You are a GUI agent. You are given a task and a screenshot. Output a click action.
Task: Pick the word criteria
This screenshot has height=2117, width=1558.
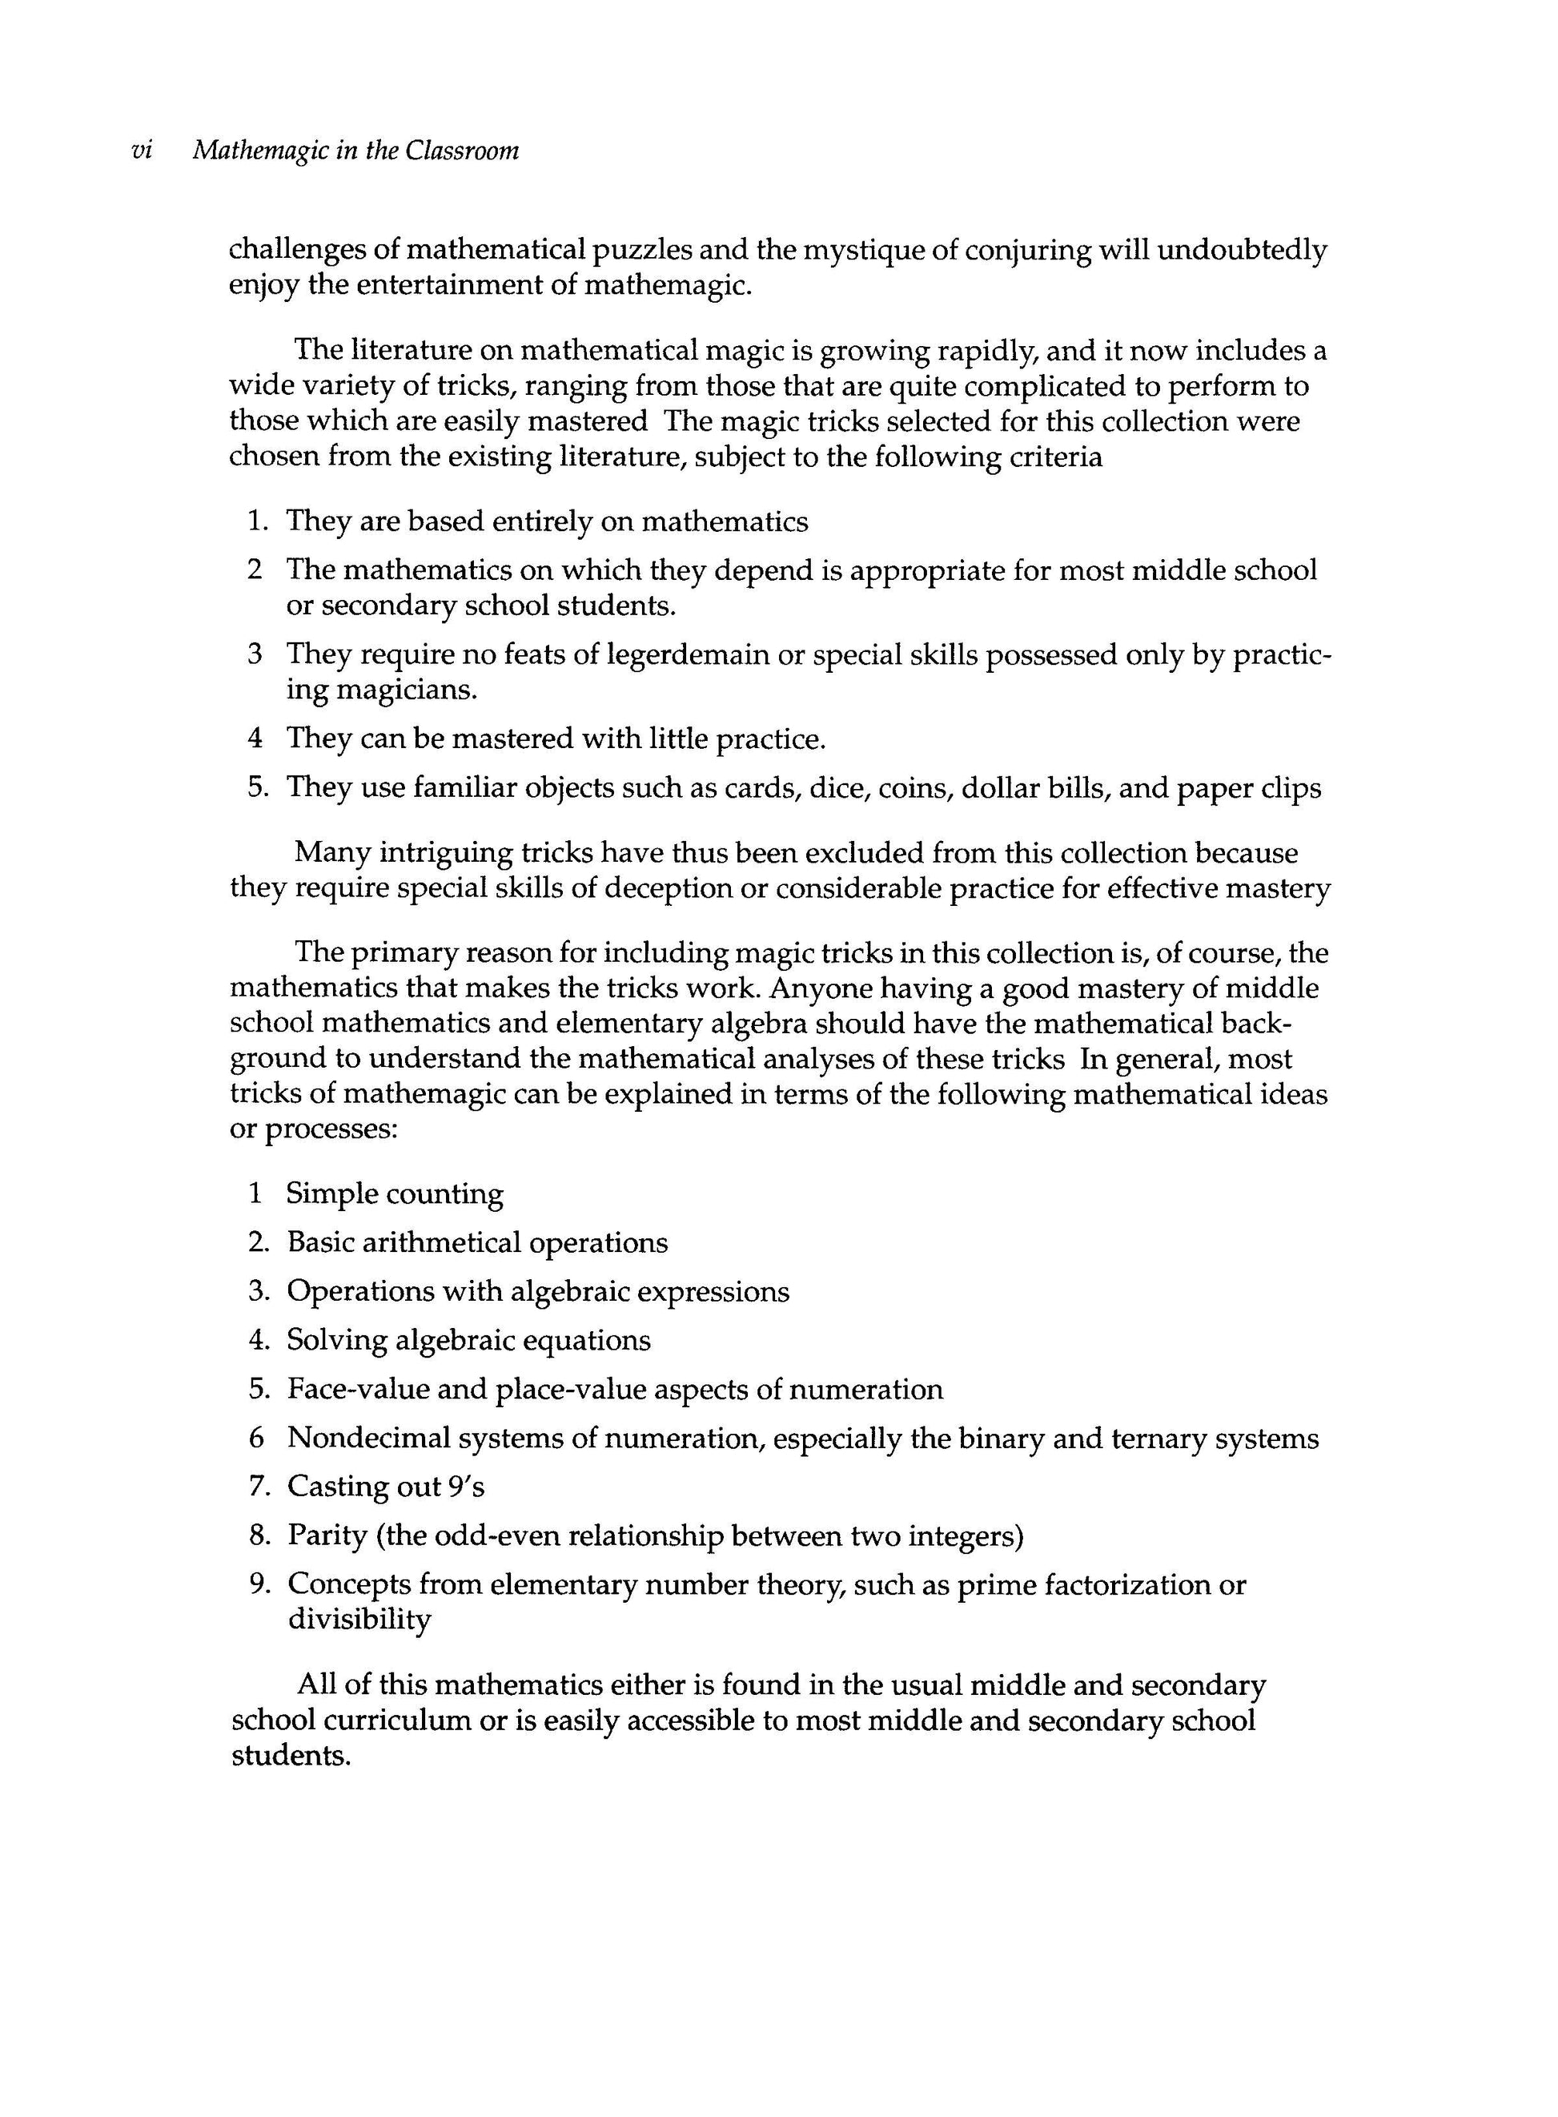[x=1054, y=457]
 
